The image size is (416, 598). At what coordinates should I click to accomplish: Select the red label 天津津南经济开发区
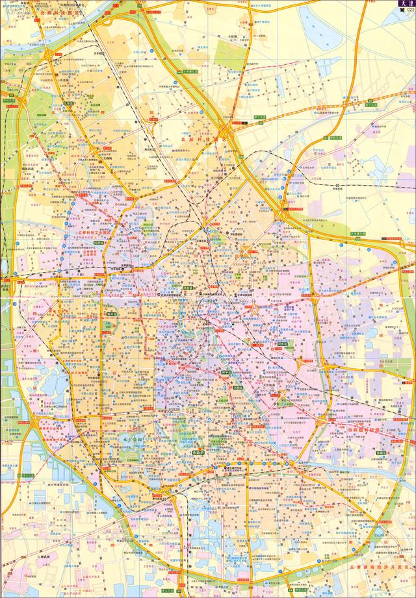click(380, 567)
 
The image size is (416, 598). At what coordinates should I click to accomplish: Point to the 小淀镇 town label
click(232, 37)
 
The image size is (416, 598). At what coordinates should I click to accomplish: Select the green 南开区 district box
click(111, 313)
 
